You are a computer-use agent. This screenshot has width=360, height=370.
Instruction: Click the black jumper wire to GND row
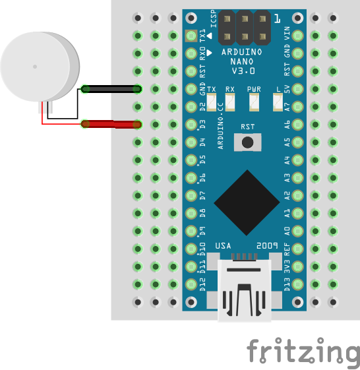[x=111, y=89]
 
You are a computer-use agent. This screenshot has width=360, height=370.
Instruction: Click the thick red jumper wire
[x=111, y=125]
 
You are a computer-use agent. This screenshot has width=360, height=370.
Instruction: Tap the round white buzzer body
[x=40, y=67]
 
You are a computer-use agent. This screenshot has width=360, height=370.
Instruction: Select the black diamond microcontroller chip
[x=247, y=202]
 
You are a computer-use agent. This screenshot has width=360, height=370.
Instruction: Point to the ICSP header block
[x=245, y=28]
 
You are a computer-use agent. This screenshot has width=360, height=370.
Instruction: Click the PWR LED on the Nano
[x=254, y=102]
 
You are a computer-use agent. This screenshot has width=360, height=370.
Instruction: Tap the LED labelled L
[x=278, y=102]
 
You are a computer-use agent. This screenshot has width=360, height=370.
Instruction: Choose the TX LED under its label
[x=212, y=102]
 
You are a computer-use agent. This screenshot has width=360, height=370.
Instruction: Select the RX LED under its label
[x=230, y=102]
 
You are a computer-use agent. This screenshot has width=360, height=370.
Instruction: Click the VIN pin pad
[x=297, y=36]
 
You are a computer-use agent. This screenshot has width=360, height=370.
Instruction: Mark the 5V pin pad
[x=297, y=89]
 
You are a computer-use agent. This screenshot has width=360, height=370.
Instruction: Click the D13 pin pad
[x=297, y=284]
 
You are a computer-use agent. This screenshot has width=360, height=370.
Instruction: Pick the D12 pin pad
[x=191, y=284]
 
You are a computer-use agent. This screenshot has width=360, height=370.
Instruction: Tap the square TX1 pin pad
[x=191, y=36]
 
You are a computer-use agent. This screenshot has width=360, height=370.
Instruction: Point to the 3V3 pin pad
[x=297, y=266]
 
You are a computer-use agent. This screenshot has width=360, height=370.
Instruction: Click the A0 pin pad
[x=297, y=231]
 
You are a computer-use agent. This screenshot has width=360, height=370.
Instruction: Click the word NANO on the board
[x=242, y=61]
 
